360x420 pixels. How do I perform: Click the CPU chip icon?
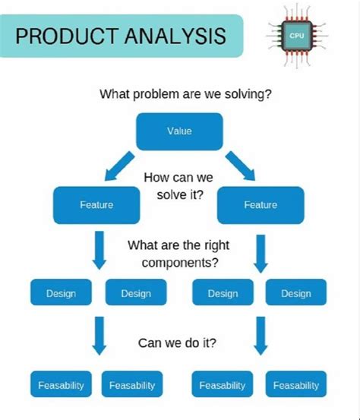point(295,35)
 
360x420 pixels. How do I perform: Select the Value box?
point(179,131)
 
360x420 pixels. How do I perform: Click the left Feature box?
point(96,204)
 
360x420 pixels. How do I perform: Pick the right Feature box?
point(260,204)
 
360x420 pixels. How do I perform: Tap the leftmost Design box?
point(61,293)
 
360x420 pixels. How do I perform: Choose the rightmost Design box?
point(295,293)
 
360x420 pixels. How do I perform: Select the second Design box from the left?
point(135,293)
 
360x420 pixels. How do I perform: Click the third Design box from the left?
point(223,293)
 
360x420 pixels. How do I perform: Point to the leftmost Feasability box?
point(61,385)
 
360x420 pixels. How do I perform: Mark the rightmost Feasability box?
point(295,385)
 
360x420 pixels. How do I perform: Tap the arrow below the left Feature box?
point(98,250)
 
